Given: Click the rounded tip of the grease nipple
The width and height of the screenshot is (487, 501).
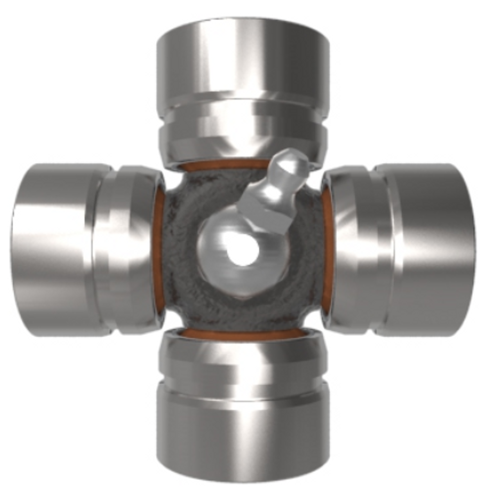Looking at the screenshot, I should point(291,159).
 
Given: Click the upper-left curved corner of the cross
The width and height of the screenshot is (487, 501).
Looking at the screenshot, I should point(174,182).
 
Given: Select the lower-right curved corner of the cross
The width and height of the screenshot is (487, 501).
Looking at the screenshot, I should point(311,319).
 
